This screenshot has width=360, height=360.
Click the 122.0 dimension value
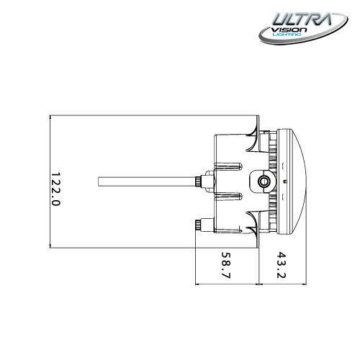[55, 189]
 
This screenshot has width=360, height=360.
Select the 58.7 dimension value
[225, 265]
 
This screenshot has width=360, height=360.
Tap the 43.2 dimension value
[281, 265]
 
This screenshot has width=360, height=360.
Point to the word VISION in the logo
[289, 30]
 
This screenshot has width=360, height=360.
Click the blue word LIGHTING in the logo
[287, 35]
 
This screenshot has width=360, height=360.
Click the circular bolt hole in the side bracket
[264, 181]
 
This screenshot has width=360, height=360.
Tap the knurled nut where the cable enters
[198, 181]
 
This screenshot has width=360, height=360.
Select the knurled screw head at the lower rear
[199, 225]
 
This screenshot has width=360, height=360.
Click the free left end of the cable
[99, 181]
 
